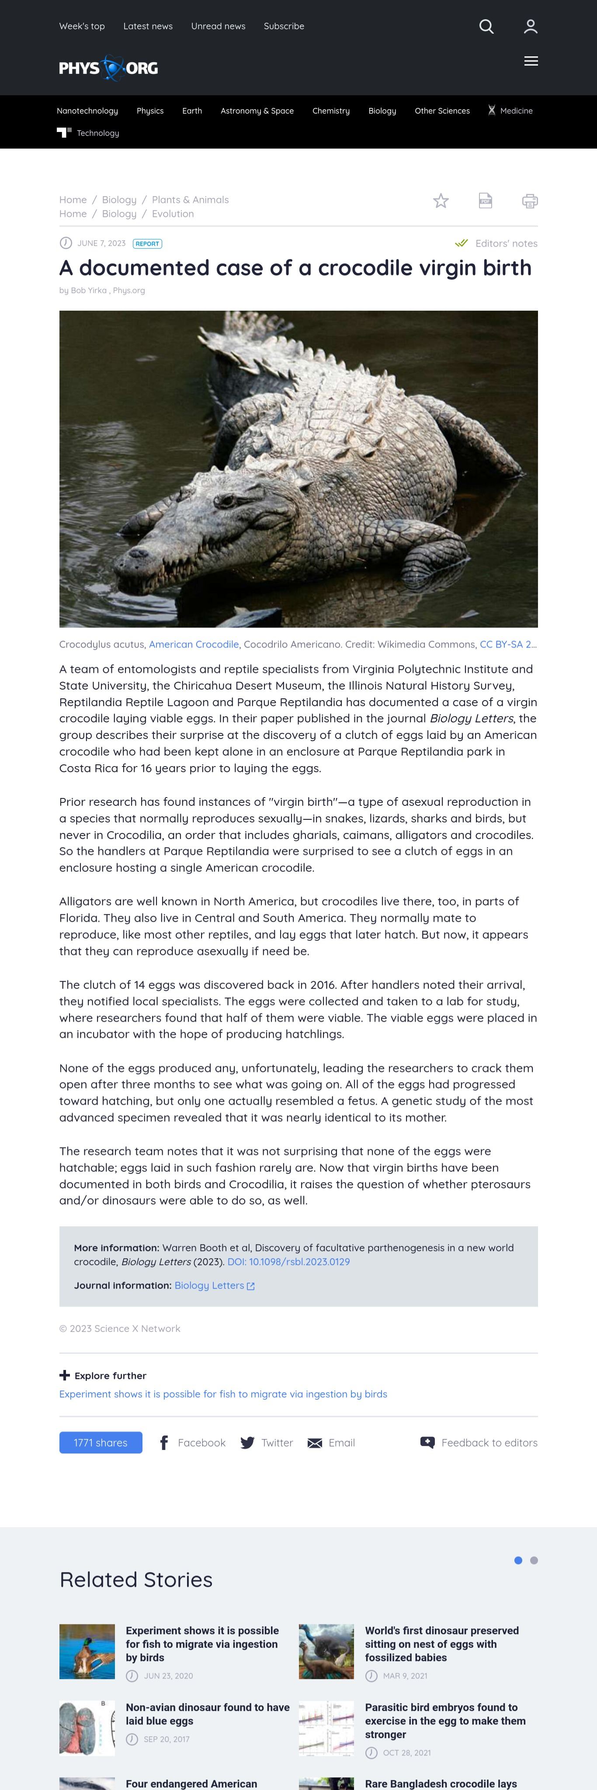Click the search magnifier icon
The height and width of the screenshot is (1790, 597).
486,26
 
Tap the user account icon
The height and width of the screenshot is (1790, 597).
530,26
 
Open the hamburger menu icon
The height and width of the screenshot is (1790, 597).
531,61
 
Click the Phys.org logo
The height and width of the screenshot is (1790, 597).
108,68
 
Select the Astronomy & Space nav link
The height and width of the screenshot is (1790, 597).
257,111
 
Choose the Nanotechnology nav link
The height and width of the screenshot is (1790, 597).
87,111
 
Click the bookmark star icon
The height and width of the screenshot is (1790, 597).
441,201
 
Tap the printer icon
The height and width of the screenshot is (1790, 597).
530,201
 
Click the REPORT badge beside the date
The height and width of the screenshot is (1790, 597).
147,244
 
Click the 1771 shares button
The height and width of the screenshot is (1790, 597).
101,1443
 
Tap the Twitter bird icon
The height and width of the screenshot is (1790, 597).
247,1443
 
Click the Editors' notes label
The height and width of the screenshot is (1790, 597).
506,244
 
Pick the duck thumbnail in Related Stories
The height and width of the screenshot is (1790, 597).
87,1651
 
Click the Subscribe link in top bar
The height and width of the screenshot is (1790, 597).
284,26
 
